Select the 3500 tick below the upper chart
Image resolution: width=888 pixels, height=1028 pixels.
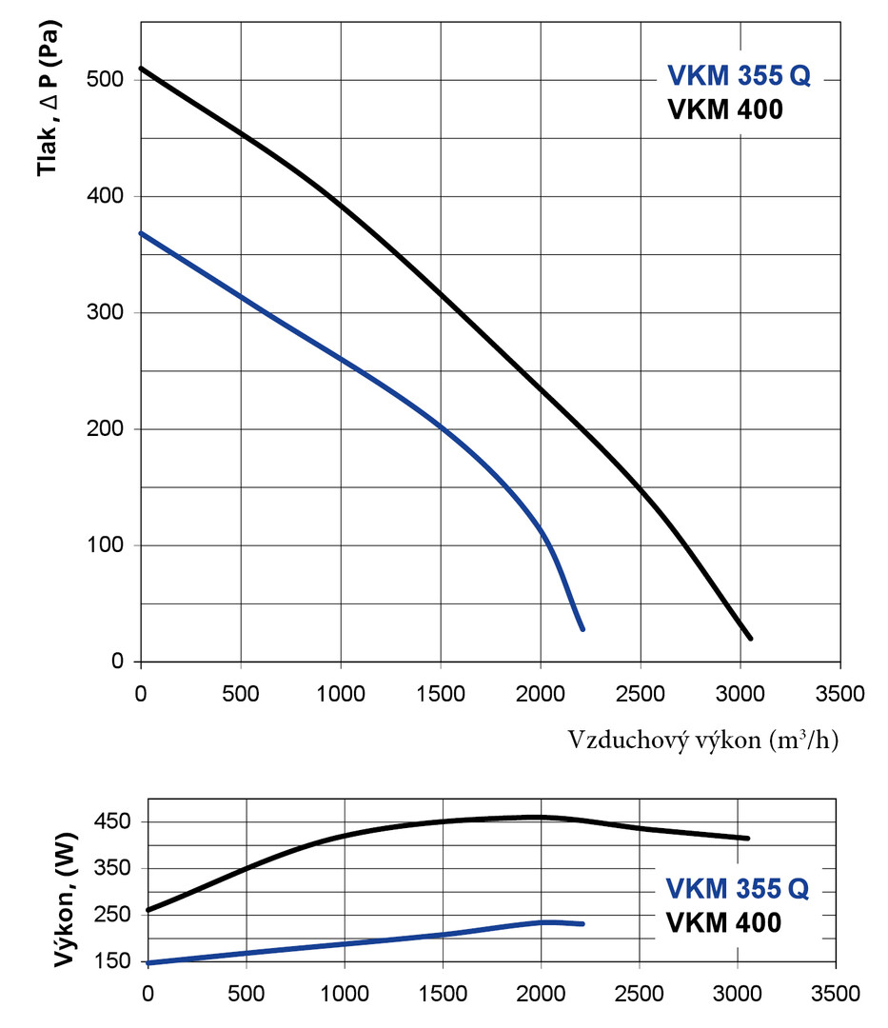[x=839, y=692]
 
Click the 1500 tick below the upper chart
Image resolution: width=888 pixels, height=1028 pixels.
[x=440, y=692]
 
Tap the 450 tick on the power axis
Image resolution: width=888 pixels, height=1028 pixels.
[x=120, y=821]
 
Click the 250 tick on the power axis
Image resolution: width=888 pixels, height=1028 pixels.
[x=120, y=915]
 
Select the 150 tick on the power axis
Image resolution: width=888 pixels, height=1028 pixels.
[x=120, y=961]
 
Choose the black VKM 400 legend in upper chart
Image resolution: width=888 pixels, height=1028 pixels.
[x=725, y=110]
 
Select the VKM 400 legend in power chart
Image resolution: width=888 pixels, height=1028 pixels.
[x=724, y=922]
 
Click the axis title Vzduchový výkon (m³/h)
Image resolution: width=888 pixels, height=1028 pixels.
[x=703, y=740]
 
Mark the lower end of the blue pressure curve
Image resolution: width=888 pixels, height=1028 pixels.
[x=582, y=628]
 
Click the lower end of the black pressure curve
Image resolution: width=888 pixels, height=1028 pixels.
[x=750, y=638]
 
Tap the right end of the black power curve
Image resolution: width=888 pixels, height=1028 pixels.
[x=748, y=839]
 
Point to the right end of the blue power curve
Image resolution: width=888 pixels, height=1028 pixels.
[x=582, y=923]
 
